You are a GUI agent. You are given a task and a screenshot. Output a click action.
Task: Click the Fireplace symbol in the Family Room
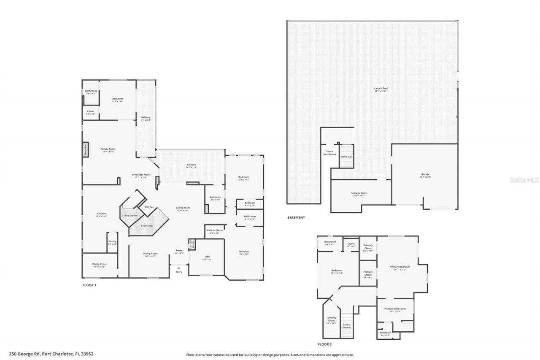pos(85,150)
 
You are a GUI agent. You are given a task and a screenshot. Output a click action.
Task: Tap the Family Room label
pos(108,149)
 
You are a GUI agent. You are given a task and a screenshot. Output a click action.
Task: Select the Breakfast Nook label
pos(141,175)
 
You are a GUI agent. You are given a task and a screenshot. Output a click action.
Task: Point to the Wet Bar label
pos(148,207)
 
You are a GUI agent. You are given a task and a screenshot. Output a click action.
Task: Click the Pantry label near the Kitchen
pos(112,241)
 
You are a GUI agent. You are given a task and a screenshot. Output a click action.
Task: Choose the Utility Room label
pos(100,264)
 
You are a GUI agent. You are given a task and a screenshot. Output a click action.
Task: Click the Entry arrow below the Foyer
pos(179,268)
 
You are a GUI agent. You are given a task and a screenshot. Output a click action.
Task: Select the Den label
pos(207,257)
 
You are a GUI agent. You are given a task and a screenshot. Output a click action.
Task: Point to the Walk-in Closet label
pos(214,230)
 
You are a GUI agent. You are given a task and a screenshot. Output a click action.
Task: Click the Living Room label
pos(183,208)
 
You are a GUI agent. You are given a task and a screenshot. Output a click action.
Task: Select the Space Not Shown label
pos(329,152)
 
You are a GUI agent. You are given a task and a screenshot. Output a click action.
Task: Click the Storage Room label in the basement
pos(359,193)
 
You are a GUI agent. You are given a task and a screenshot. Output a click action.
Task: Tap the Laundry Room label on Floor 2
pos(331,320)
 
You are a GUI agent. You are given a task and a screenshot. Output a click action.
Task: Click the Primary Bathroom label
pos(395,309)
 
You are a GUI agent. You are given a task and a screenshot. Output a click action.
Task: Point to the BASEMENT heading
pos(296,218)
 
